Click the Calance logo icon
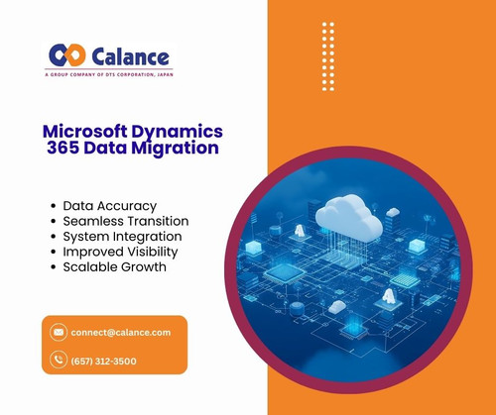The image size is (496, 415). pos(67,55)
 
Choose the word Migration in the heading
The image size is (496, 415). pos(181,149)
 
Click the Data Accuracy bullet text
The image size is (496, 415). pos(110,206)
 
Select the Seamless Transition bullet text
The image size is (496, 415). pos(126,221)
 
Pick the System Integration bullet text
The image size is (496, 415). pos(123,237)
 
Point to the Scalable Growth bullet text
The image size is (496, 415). pos(116,267)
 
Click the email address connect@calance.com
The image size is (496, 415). pos(121,332)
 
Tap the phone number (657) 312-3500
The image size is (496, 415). pos(104,361)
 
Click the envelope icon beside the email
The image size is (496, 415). pos(59,332)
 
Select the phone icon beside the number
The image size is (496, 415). pos(59,361)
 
